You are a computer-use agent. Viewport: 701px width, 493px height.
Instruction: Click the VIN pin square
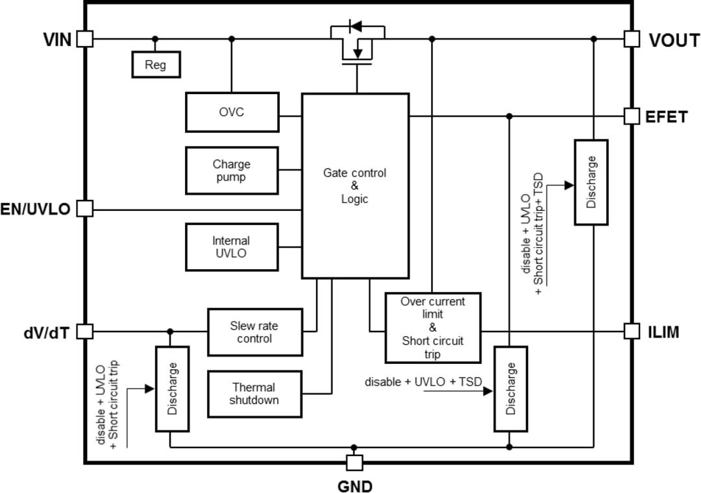tap(84, 39)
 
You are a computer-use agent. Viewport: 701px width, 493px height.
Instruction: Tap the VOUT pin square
tap(632, 39)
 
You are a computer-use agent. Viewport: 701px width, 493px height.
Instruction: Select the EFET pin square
tap(632, 116)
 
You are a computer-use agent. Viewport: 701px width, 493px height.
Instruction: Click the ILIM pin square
tap(632, 331)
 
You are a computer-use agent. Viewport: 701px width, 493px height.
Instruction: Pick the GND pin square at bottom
tap(354, 463)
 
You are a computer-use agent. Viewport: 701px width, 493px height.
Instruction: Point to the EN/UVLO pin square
tap(84, 209)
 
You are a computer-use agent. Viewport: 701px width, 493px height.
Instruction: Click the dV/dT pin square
tap(84, 331)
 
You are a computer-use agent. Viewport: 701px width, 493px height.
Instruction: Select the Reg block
tap(156, 65)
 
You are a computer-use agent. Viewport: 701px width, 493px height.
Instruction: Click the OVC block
tap(232, 112)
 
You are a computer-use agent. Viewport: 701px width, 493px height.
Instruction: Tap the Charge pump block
tap(232, 171)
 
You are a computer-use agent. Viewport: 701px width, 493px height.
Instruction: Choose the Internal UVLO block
tap(232, 247)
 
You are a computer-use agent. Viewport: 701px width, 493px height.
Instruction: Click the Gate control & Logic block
tap(355, 186)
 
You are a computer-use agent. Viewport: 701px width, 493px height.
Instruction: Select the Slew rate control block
tap(254, 332)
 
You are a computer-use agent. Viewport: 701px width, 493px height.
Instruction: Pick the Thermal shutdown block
tap(254, 394)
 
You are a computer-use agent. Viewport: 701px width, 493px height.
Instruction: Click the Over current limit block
tap(433, 328)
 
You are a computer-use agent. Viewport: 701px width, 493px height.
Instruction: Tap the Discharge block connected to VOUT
tap(591, 182)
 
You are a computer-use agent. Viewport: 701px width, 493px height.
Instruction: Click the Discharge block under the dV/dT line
tap(172, 389)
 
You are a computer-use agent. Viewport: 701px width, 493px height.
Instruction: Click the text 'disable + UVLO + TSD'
tap(423, 382)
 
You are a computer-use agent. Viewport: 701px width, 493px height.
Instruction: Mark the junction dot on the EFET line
tap(510, 116)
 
